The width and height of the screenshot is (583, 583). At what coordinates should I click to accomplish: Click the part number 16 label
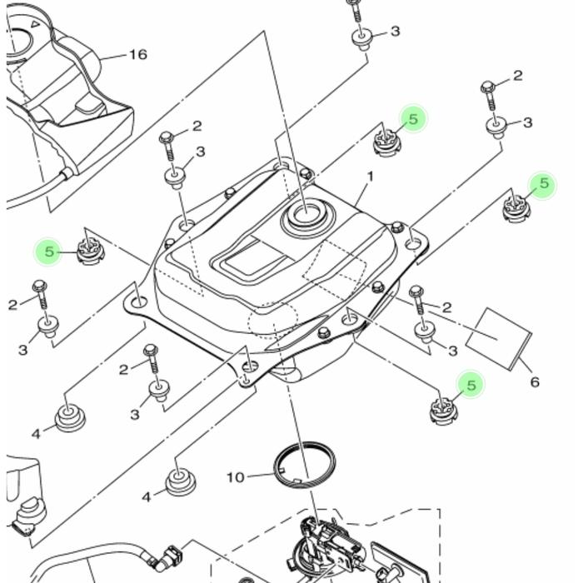137,55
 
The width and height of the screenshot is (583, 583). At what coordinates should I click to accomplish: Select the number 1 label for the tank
370,177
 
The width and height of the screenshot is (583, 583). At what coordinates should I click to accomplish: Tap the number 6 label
534,382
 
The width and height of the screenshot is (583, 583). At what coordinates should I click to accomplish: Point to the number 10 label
236,477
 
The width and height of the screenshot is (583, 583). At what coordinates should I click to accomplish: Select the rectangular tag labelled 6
497,335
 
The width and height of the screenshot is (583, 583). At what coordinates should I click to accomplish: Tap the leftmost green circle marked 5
49,251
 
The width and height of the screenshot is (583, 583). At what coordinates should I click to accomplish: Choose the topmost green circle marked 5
412,119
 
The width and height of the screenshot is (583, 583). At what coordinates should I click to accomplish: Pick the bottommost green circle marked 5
471,385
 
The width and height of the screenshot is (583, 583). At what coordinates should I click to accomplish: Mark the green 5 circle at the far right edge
543,184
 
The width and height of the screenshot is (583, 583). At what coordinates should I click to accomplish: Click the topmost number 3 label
395,32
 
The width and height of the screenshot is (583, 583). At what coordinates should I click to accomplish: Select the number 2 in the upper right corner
517,76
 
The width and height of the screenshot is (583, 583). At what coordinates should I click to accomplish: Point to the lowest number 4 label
147,497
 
